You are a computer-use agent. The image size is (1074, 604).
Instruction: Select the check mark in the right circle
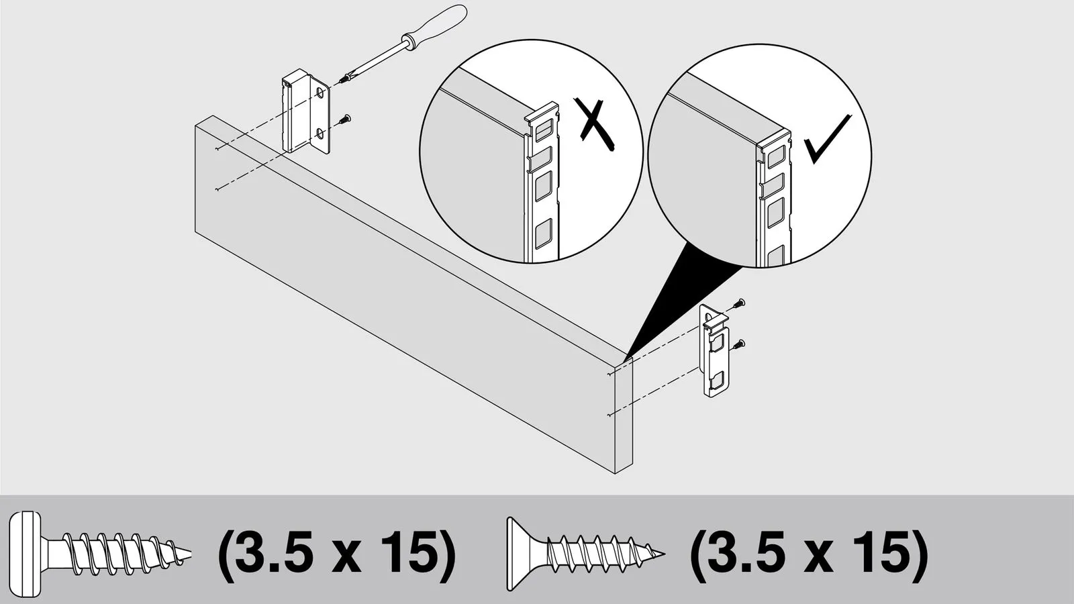coord(828,138)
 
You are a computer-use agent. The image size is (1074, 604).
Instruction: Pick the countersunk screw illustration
coord(585,554)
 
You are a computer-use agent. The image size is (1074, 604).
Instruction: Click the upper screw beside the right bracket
coord(738,303)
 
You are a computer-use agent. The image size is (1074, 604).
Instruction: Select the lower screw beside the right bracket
coord(738,344)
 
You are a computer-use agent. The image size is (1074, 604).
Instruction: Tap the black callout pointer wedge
coord(681,302)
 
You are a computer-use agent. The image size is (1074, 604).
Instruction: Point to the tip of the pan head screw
coord(191,554)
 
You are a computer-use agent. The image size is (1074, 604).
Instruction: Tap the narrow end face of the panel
coord(624,416)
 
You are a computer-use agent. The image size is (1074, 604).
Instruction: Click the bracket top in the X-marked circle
coord(542,115)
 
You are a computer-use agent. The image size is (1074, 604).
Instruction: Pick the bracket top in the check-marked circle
coord(773,138)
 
